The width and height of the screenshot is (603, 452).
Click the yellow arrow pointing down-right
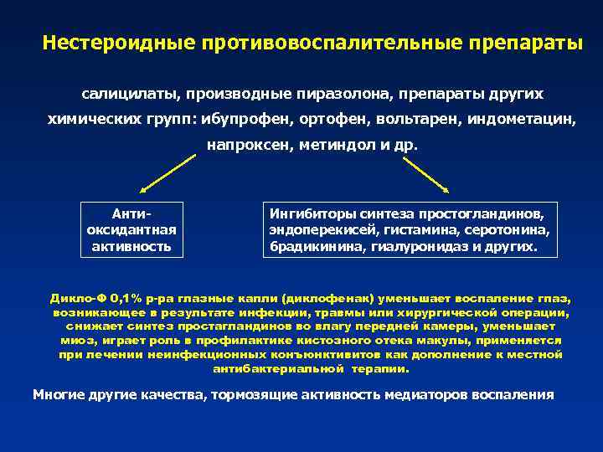coord(425,175)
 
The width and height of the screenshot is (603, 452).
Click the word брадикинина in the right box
coord(309,247)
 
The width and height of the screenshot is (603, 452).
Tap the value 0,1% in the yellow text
coord(127,297)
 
